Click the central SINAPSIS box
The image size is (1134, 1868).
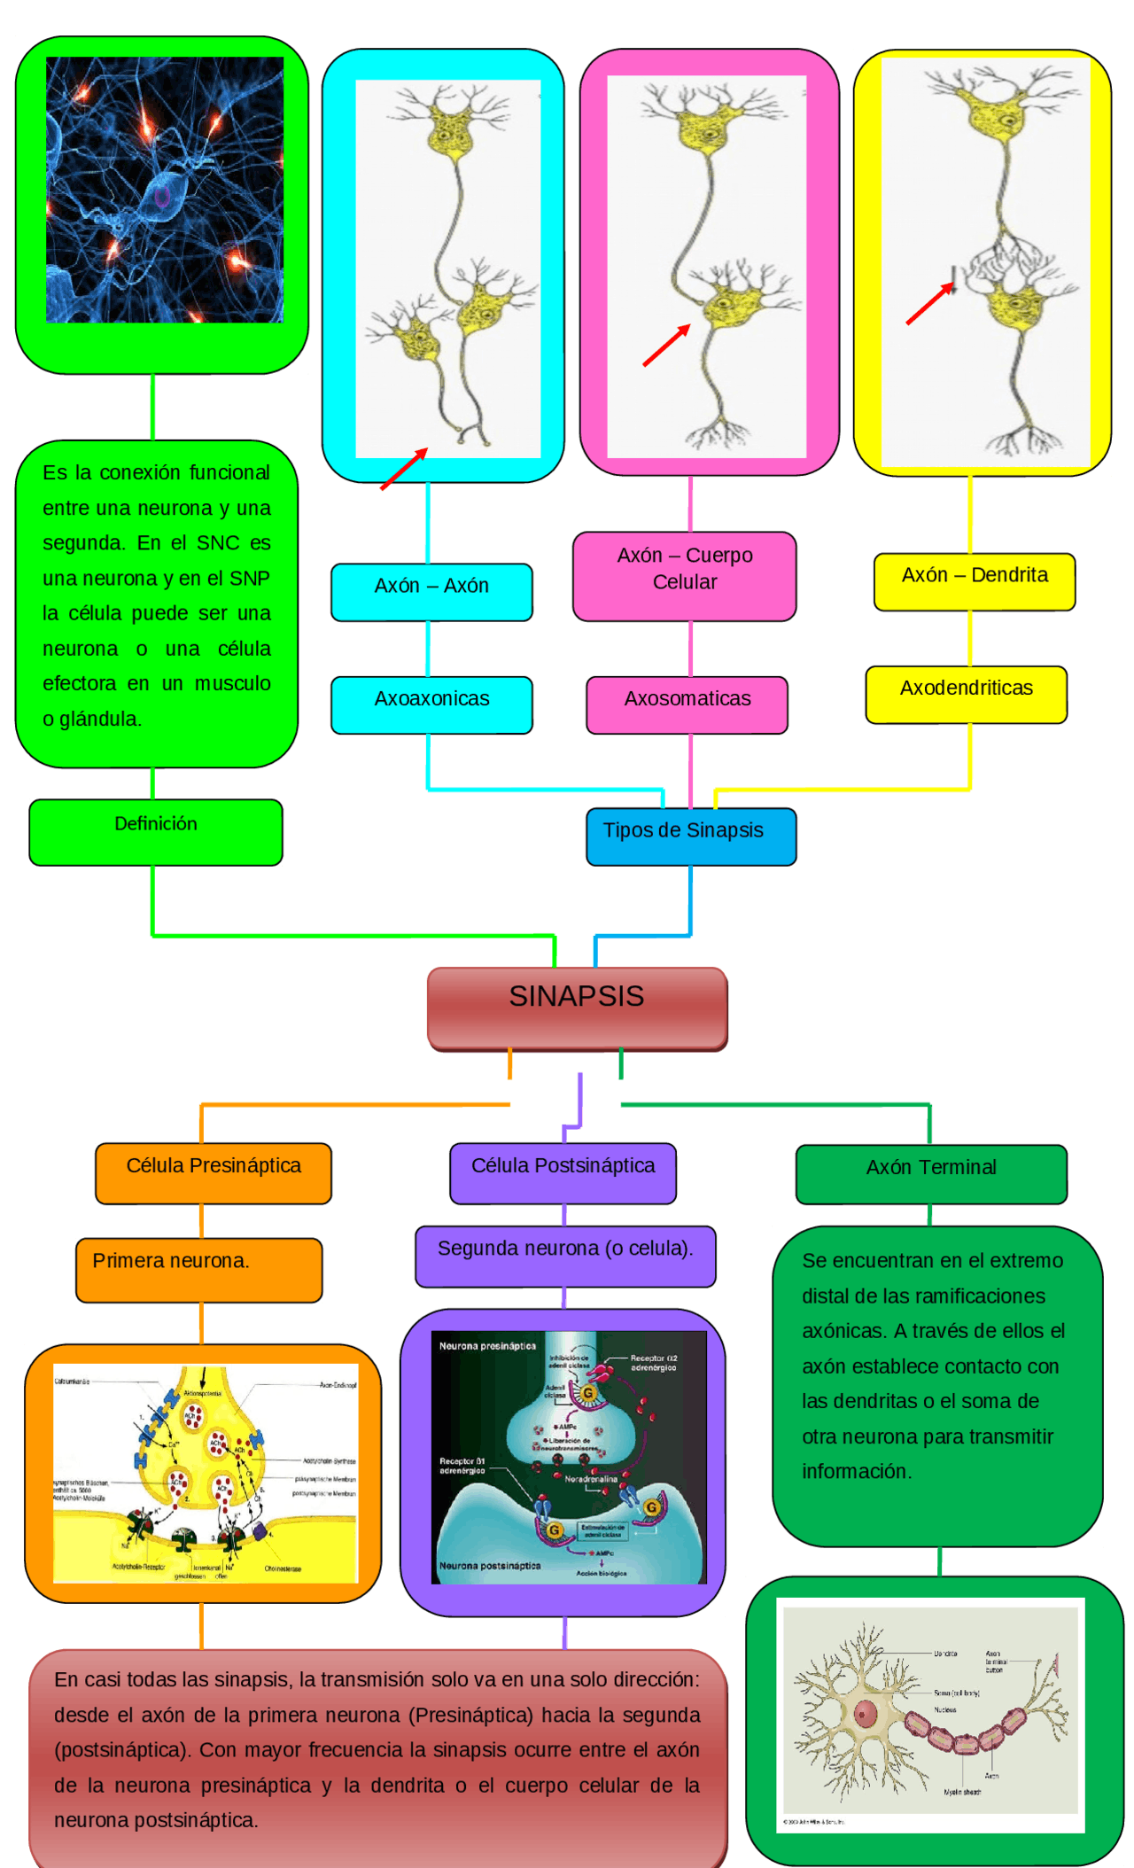(x=577, y=1008)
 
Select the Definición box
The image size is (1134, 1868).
(x=156, y=831)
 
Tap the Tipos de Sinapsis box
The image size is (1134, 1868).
(x=690, y=835)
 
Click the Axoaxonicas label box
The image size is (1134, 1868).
(x=431, y=704)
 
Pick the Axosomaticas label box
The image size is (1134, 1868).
(x=687, y=704)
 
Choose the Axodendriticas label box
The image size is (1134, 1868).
(x=966, y=694)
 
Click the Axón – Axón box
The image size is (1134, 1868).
(x=431, y=591)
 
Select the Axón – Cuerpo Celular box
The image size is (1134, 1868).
(x=684, y=575)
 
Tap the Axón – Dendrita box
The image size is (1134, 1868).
(x=974, y=581)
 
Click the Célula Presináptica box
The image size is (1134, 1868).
(x=214, y=1172)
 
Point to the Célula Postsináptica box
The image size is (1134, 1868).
(x=563, y=1172)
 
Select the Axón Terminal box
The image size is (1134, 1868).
(x=930, y=1173)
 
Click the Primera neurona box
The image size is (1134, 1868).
(x=198, y=1269)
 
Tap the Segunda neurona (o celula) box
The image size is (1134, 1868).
(x=565, y=1255)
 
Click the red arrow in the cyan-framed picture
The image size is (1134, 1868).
(x=404, y=469)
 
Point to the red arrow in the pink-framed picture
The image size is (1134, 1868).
(x=666, y=346)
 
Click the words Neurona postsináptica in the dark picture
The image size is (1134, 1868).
(x=490, y=1566)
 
